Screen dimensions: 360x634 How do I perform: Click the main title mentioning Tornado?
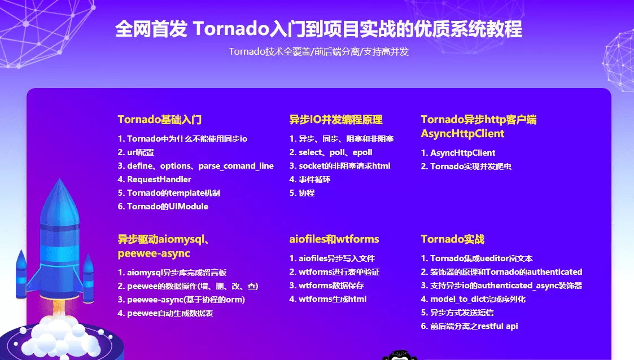(x=318, y=29)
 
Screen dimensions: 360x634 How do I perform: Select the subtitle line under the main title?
(x=318, y=52)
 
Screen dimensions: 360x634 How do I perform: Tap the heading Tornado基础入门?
(x=160, y=120)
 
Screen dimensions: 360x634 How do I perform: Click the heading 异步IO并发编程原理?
(x=336, y=120)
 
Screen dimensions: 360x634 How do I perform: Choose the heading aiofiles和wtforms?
(x=334, y=239)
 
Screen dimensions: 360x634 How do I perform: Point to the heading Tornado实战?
(x=453, y=239)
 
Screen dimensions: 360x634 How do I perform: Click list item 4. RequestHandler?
(x=155, y=179)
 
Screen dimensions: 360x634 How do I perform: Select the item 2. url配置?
(x=136, y=152)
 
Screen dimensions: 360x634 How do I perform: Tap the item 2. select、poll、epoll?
(x=331, y=152)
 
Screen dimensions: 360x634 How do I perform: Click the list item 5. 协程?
(x=302, y=193)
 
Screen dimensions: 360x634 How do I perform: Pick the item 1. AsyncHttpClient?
(x=458, y=153)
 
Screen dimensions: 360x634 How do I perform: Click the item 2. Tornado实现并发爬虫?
(x=466, y=166)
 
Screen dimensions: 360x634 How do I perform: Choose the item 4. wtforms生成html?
(x=328, y=299)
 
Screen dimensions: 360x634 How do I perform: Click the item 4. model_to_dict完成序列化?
(x=473, y=299)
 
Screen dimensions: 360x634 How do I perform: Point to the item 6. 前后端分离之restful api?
(x=469, y=326)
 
